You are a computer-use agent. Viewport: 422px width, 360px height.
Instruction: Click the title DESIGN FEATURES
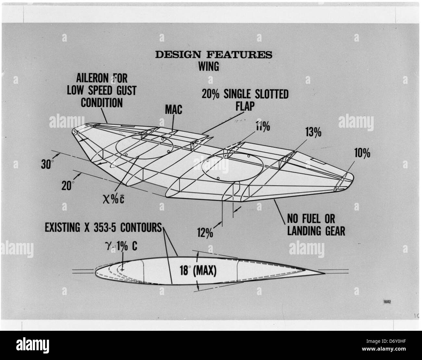[214, 55]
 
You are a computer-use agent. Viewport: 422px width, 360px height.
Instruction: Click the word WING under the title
[209, 66]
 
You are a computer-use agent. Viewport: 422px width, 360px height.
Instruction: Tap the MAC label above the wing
[173, 110]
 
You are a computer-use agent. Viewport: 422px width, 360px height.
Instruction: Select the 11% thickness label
[263, 126]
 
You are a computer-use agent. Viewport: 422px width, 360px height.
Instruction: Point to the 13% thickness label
[313, 132]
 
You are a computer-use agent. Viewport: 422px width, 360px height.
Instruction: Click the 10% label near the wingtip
[362, 153]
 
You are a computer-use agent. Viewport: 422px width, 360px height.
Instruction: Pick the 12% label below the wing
[205, 233]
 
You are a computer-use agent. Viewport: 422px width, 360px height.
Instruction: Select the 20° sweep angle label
[68, 186]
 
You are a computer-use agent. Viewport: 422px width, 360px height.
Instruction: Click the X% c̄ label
[114, 199]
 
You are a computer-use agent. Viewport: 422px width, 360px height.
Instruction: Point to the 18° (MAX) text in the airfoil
[198, 271]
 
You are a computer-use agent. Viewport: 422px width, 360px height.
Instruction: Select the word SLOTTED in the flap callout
[271, 94]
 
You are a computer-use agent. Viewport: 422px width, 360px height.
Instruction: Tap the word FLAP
[245, 106]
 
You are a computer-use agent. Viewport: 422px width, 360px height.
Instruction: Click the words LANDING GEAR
[316, 231]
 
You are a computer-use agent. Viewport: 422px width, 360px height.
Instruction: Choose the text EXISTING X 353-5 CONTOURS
[103, 228]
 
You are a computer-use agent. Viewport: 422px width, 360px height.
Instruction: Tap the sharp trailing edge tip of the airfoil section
[325, 273]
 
